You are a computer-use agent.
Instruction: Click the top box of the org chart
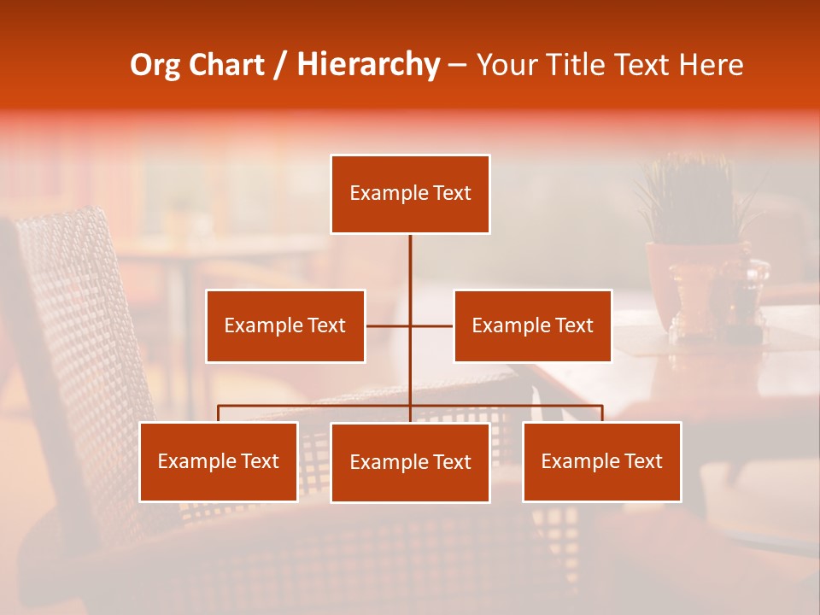(410, 194)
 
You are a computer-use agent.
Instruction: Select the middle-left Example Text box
(285, 325)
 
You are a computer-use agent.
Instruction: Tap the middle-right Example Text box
(532, 325)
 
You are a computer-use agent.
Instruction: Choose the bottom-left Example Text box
(219, 461)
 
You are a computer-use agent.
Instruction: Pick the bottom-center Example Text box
(410, 462)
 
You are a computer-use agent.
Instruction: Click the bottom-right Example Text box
(601, 461)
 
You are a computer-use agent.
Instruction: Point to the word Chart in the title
(226, 65)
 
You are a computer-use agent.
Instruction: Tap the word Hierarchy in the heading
(367, 66)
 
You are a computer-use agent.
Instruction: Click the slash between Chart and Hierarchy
(280, 66)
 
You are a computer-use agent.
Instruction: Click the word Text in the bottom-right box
(642, 461)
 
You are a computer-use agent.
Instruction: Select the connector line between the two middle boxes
(410, 325)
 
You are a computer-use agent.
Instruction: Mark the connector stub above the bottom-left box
(219, 413)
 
